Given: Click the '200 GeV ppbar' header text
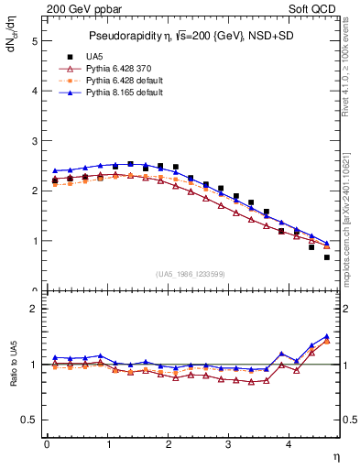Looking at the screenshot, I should [84, 10].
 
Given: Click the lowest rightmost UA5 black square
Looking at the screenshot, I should [326, 257].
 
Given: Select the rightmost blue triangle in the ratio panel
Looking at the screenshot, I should [326, 336].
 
